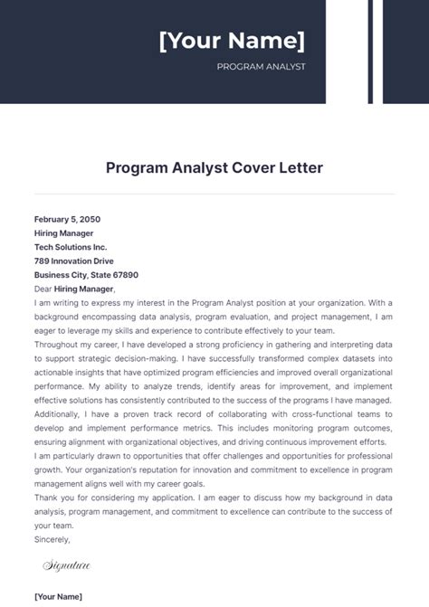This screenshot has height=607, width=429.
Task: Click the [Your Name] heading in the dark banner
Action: pyautogui.click(x=232, y=42)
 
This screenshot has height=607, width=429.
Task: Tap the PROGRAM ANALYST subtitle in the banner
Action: pyautogui.click(x=262, y=67)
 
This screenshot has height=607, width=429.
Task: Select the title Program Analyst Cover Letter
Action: pyautogui.click(x=214, y=168)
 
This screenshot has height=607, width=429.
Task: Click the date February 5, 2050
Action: pyautogui.click(x=67, y=219)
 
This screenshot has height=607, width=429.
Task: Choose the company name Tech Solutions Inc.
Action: pyautogui.click(x=71, y=247)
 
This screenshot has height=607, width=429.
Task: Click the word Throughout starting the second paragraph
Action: pyautogui.click(x=58, y=345)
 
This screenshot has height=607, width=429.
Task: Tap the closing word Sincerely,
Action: pyautogui.click(x=52, y=539)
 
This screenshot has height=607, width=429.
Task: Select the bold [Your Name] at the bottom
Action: pyautogui.click(x=58, y=596)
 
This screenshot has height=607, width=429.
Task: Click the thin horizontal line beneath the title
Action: pyautogui.click(x=214, y=193)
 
